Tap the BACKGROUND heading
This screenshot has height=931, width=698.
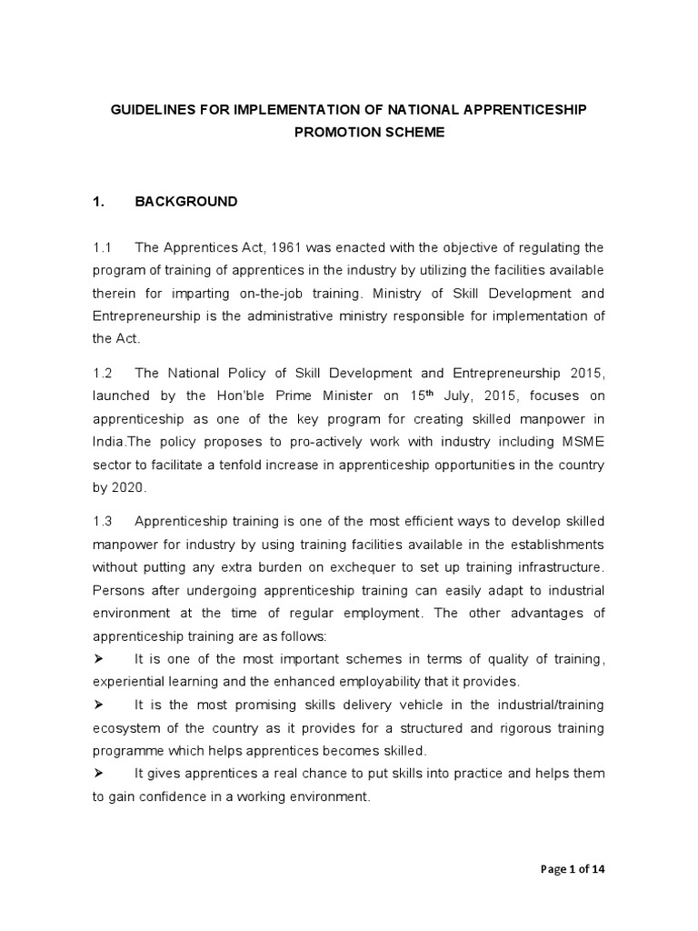[186, 202]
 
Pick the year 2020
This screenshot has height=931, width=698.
[129, 486]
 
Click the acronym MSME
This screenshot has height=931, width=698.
[583, 442]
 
